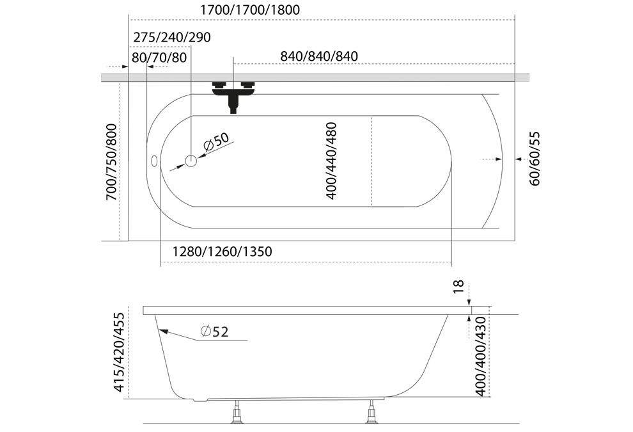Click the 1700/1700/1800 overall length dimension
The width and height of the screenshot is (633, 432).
coord(250,10)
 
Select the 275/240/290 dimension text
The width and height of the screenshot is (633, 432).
coord(172,37)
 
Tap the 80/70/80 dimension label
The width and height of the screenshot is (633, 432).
coord(159,58)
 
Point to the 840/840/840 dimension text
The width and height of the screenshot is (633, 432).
coord(319,56)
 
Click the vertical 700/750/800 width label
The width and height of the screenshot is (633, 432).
coord(111,162)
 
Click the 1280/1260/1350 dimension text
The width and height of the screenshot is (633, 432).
coord(222,252)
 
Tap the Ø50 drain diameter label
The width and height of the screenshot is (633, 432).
coord(216,141)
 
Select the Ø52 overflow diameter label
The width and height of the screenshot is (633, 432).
coord(214,332)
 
